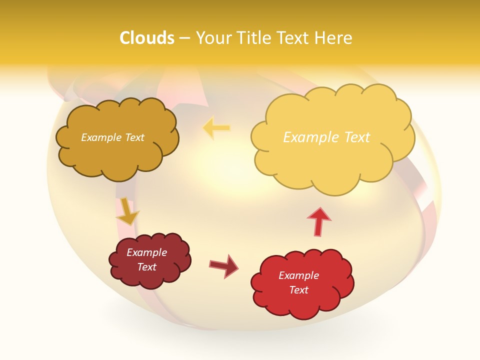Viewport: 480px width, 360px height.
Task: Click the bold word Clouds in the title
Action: pyautogui.click(x=146, y=38)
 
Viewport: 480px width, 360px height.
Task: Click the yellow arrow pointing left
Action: pyautogui.click(x=216, y=128)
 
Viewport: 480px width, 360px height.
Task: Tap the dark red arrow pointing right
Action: pyautogui.click(x=223, y=265)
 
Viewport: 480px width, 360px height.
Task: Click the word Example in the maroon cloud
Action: pyautogui.click(x=146, y=252)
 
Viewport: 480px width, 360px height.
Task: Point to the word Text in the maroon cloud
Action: pyautogui.click(x=146, y=267)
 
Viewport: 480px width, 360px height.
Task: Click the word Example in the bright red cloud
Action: pyautogui.click(x=298, y=275)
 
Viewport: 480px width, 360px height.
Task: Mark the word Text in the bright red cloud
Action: pyautogui.click(x=298, y=290)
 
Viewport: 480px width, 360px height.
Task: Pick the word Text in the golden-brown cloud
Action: pyautogui.click(x=134, y=137)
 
